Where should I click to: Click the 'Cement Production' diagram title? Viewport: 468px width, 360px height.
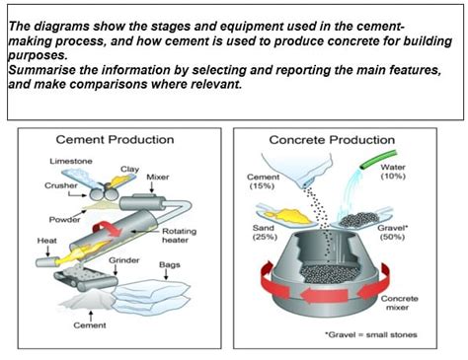pyautogui.click(x=115, y=139)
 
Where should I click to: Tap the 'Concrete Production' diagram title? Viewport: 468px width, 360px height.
pyautogui.click(x=332, y=140)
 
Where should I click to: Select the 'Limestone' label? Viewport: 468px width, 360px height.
pyautogui.click(x=71, y=161)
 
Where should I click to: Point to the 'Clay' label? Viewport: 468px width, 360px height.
pyautogui.click(x=129, y=170)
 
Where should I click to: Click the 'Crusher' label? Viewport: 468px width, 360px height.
pyautogui.click(x=61, y=185)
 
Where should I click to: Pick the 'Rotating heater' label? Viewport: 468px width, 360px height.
pyautogui.click(x=179, y=236)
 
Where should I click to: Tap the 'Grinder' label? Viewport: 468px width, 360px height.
pyautogui.click(x=124, y=260)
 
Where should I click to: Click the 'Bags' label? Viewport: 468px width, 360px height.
pyautogui.click(x=170, y=264)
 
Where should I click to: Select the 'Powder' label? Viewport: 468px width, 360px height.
pyautogui.click(x=64, y=220)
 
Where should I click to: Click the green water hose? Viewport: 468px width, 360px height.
pyautogui.click(x=378, y=160)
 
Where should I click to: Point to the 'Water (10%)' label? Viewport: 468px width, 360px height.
pyautogui.click(x=393, y=172)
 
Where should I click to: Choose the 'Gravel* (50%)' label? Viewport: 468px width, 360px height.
pyautogui.click(x=392, y=232)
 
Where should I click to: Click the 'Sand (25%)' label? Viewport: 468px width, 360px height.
pyautogui.click(x=265, y=232)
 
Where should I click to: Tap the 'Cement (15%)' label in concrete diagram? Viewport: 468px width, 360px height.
pyautogui.click(x=263, y=181)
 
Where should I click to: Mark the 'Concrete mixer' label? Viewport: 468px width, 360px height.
pyautogui.click(x=399, y=303)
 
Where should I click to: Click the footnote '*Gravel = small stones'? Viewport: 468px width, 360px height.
pyautogui.click(x=371, y=334)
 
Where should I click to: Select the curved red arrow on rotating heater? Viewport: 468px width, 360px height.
pyautogui.click(x=108, y=228)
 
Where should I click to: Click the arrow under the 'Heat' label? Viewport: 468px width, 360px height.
pyautogui.click(x=47, y=252)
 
